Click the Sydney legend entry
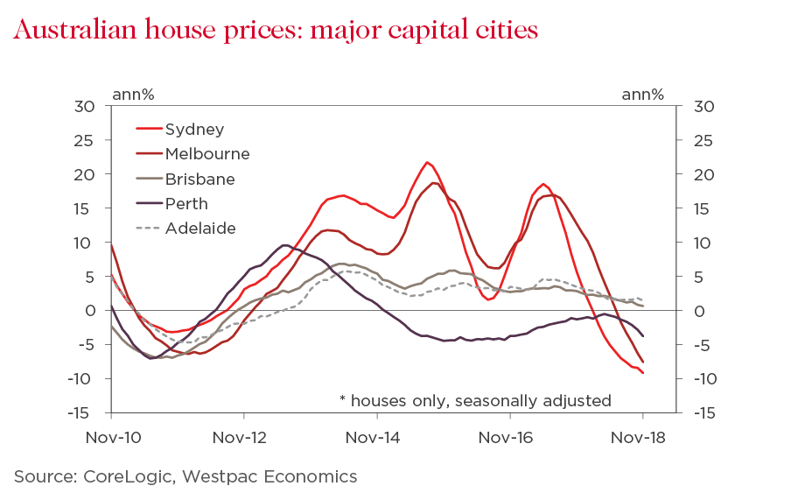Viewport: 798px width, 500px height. point(194,130)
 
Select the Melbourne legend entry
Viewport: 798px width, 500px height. point(206,154)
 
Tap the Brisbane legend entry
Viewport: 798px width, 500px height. point(199,180)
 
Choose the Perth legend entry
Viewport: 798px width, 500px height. point(186,204)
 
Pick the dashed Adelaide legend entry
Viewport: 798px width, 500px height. point(200,229)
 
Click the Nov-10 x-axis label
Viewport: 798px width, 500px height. point(111,436)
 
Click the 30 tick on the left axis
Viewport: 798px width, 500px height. point(86,107)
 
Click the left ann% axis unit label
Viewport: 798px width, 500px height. point(133,94)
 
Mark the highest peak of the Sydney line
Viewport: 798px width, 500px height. point(427,162)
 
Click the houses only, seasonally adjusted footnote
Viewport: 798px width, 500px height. point(475,400)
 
